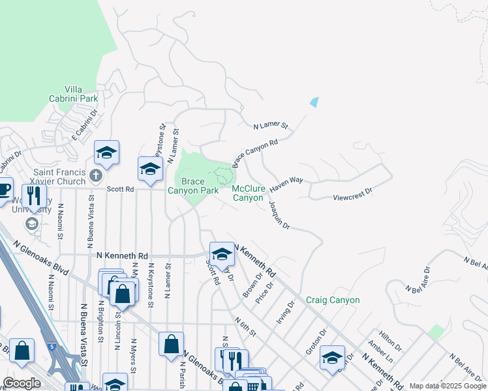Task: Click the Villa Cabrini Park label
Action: pyautogui.click(x=82, y=94)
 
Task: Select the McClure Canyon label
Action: pyautogui.click(x=249, y=193)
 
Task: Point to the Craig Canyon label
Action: pyautogui.click(x=333, y=300)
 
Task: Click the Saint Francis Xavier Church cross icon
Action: pyautogui.click(x=96, y=175)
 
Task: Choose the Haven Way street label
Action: pyautogui.click(x=287, y=184)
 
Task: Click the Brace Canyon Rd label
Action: pyautogui.click(x=255, y=149)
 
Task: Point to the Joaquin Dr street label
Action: pyautogui.click(x=279, y=214)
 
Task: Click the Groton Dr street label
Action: pyautogui.click(x=316, y=341)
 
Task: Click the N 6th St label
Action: pyautogui.click(x=245, y=323)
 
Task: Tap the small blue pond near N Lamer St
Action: pyautogui.click(x=314, y=102)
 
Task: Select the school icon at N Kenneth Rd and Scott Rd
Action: pyautogui.click(x=222, y=253)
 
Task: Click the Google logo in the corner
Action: pyautogui.click(x=22, y=383)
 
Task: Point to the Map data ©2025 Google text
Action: pyautogui.click(x=448, y=386)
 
